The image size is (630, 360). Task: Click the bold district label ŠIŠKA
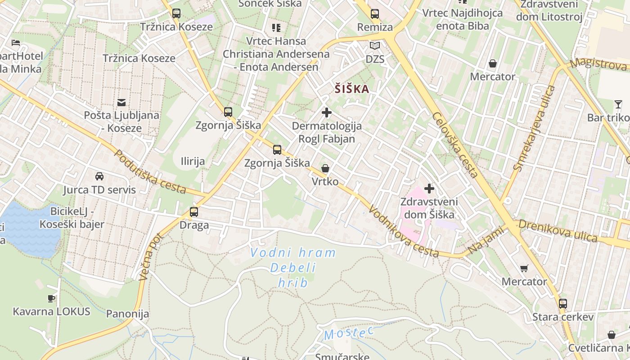pos(352,89)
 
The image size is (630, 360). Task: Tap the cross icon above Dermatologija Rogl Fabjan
pos(327,112)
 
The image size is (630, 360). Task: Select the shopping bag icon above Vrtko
pos(325,169)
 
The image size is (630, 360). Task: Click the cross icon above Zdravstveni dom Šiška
pos(429,189)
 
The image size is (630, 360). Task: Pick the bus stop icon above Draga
pos(194,211)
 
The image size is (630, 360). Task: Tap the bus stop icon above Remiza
pos(375,14)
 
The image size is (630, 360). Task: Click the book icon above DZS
pos(375,45)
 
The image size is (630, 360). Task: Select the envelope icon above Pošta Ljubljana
pos(121,102)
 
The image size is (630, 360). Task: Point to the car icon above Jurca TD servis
pos(99,176)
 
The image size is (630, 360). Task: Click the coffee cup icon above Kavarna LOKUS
pos(51,298)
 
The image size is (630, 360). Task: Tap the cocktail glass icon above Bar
pos(618,105)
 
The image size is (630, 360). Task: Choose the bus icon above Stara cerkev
pos(563,303)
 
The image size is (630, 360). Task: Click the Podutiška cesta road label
pos(150,172)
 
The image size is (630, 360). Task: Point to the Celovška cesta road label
pos(454,145)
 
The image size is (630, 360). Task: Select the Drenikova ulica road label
pos(558,230)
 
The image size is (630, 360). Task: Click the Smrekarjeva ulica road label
pos(535,128)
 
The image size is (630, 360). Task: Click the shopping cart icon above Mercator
pos(524,269)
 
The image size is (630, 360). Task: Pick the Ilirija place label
pos(193,161)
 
